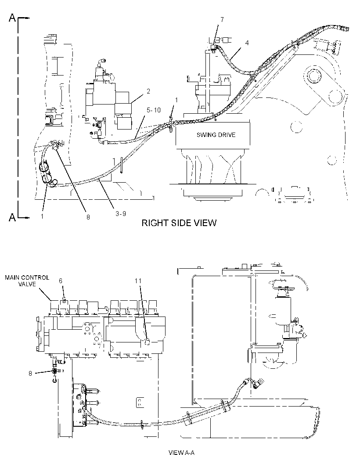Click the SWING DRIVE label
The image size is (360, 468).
(x=216, y=135)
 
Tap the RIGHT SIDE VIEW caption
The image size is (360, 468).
(x=179, y=223)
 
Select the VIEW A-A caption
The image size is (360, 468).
(x=181, y=453)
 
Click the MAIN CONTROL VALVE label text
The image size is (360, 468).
(x=27, y=281)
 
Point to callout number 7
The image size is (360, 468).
(x=222, y=20)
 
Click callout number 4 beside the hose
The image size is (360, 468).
(x=247, y=43)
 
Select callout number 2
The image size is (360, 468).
(x=148, y=91)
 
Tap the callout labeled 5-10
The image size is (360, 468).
(x=153, y=110)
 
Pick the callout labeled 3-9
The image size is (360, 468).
(x=121, y=213)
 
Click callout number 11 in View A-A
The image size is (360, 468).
(x=138, y=281)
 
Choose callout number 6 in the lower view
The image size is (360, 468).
(x=61, y=281)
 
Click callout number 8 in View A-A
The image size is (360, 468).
(x=30, y=373)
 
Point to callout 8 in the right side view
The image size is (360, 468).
(x=88, y=217)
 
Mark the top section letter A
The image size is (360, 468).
(x=12, y=18)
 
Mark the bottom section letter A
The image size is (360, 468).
(x=12, y=217)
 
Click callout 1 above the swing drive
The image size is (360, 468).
(x=176, y=100)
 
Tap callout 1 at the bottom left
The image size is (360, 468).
(x=42, y=216)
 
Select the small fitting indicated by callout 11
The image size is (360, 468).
(x=147, y=342)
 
